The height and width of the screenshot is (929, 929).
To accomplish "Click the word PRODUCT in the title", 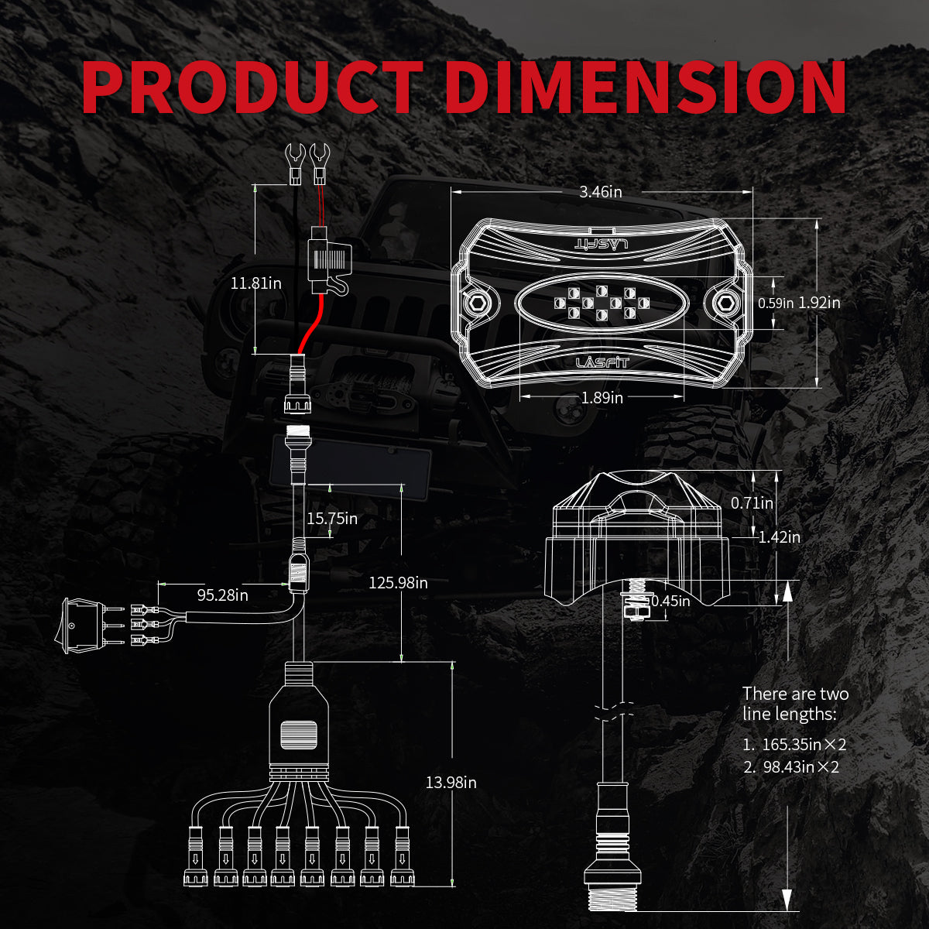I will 252,87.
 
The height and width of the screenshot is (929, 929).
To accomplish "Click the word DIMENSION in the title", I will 646,87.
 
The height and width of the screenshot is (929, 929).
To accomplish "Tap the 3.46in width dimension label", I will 601,192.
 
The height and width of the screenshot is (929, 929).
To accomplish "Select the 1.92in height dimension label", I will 819,303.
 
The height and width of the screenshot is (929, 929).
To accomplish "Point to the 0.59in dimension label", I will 776,303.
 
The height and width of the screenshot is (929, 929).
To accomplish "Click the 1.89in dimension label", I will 602,398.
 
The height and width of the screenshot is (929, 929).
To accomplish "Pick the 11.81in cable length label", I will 256,283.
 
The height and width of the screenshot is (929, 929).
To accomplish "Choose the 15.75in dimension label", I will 332,519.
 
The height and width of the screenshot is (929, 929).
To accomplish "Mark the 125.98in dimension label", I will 398,583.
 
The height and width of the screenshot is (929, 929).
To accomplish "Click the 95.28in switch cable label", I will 222,595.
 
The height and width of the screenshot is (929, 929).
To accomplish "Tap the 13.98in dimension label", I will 451,783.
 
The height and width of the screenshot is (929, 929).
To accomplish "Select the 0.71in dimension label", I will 752,503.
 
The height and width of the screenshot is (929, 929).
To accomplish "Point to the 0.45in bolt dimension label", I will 670,601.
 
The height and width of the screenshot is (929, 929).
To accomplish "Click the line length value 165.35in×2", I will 803,745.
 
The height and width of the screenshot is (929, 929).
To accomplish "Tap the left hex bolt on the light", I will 477,303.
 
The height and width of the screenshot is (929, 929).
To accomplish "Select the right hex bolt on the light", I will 725,303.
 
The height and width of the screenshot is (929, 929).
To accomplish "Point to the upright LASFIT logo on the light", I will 602,362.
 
